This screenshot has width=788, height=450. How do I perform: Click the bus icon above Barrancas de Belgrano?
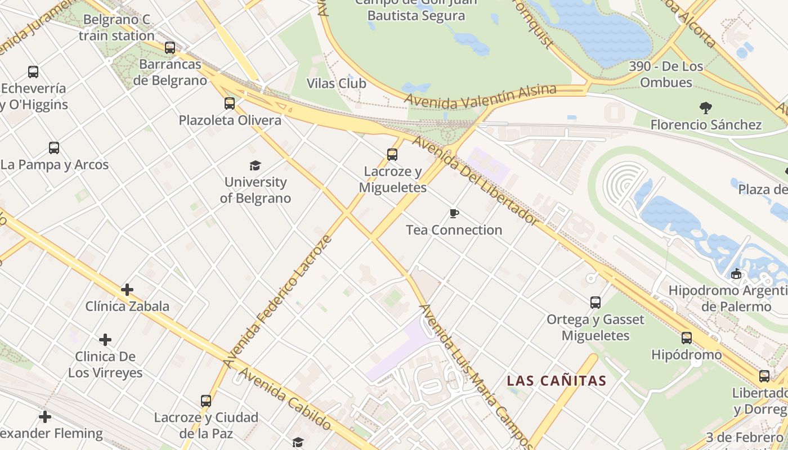click(x=170, y=48)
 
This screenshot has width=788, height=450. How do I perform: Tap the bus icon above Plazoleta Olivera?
click(x=229, y=103)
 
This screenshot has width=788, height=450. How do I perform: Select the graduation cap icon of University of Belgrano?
click(x=256, y=165)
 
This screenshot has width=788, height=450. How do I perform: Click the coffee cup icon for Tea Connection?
click(x=454, y=213)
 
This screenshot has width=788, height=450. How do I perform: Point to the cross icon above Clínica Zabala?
click(x=127, y=290)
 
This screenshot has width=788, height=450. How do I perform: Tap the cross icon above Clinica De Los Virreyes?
click(x=105, y=340)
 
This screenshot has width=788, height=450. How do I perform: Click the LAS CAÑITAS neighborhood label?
click(x=556, y=381)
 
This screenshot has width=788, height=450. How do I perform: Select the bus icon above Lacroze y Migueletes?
click(x=392, y=154)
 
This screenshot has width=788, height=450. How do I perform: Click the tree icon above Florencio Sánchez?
click(x=705, y=107)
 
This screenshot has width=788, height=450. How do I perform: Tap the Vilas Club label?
click(x=336, y=84)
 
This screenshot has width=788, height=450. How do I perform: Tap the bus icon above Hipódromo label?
click(x=687, y=338)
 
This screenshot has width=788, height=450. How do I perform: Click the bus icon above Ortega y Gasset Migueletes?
click(x=596, y=303)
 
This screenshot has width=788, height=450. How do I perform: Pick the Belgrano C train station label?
click(x=117, y=28)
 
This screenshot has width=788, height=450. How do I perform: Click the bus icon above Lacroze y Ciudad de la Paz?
click(x=206, y=401)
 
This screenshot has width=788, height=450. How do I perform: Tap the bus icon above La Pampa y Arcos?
click(x=54, y=148)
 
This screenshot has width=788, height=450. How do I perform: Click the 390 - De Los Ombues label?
click(x=666, y=74)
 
